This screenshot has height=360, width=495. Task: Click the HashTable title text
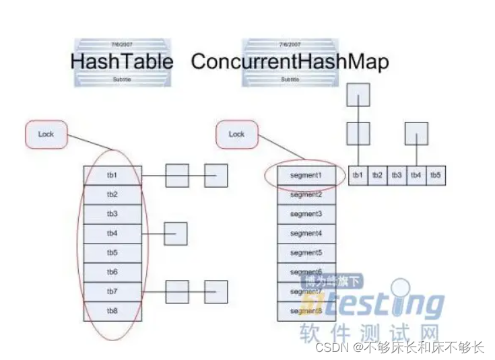click(121, 62)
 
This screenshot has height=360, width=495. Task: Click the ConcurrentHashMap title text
click(290, 62)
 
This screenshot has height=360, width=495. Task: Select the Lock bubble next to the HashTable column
click(46, 134)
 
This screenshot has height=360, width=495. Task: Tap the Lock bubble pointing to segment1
click(236, 134)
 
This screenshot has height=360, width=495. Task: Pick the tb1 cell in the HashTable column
click(112, 175)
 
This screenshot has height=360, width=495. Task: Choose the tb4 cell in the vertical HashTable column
click(112, 233)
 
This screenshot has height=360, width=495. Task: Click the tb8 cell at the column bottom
click(112, 311)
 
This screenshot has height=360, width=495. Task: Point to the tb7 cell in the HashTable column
click(112, 291)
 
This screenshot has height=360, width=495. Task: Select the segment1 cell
click(306, 175)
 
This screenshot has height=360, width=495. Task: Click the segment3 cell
click(306, 214)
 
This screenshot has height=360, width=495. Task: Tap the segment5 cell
click(306, 253)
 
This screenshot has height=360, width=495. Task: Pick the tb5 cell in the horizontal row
click(436, 175)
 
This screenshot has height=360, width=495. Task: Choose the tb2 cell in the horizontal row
click(377, 175)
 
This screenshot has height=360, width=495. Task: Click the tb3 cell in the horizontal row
click(397, 175)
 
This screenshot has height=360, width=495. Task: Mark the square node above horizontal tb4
click(416, 133)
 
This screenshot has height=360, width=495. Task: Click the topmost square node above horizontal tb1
click(358, 95)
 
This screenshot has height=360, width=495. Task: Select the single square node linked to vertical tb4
click(176, 233)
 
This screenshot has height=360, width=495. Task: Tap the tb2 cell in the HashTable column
click(112, 194)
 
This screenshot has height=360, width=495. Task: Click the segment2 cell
click(306, 194)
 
